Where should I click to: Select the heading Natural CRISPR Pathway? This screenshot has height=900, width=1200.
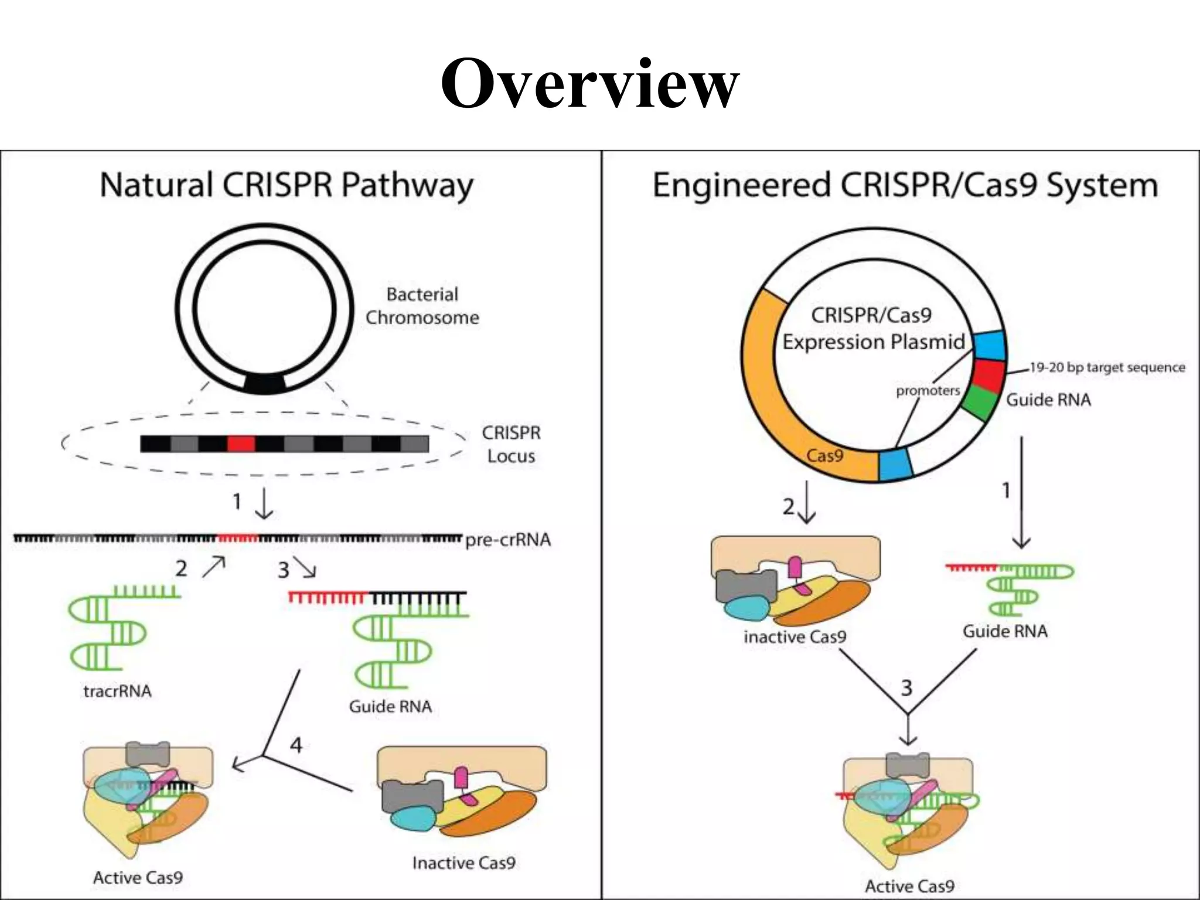click(287, 186)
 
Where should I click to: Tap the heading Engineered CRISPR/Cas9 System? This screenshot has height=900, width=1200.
click(905, 186)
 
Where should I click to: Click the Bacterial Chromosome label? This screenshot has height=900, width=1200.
click(422, 306)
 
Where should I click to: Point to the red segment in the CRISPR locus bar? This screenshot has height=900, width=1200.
click(241, 444)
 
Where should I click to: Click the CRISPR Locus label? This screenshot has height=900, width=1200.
click(511, 444)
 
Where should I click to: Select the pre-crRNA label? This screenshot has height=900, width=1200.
click(508, 540)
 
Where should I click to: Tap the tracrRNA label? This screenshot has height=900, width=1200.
click(117, 691)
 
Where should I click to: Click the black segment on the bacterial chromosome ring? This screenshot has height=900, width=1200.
click(265, 384)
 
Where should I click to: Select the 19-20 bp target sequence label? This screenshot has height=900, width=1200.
click(1107, 367)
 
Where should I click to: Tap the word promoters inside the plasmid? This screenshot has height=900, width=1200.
click(928, 390)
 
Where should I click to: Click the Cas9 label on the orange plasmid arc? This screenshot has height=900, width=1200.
click(824, 455)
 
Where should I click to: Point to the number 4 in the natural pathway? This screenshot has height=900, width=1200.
click(296, 745)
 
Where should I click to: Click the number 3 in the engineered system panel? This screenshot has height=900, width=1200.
click(906, 688)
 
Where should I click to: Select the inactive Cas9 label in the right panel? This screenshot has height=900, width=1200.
click(795, 637)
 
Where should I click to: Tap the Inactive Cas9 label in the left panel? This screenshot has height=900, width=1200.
click(463, 862)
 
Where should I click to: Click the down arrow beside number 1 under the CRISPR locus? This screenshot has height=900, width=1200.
click(264, 503)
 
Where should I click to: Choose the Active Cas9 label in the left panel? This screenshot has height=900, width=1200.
click(138, 878)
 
